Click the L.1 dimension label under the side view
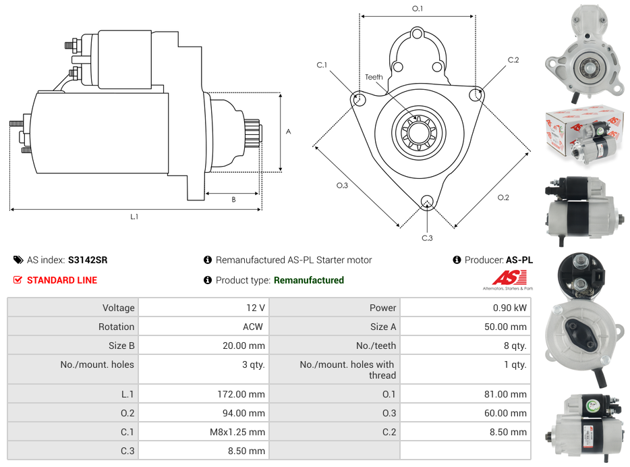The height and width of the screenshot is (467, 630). (x=134, y=217)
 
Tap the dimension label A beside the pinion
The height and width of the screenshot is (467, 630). (x=288, y=132)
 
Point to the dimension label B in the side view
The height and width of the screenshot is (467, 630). (x=233, y=199)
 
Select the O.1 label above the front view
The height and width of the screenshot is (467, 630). (x=418, y=9)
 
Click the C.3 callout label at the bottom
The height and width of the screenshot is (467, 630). (x=427, y=238)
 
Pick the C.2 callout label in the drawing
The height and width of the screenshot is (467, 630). (x=513, y=60)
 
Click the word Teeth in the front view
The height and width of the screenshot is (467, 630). (x=374, y=77)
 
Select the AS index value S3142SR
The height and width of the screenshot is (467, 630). (x=88, y=260)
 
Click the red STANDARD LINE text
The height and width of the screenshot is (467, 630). (x=62, y=280)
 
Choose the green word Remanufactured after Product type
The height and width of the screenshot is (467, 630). (x=308, y=280)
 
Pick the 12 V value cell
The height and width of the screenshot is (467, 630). (x=203, y=308)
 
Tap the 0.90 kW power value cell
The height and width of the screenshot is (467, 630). (x=465, y=308)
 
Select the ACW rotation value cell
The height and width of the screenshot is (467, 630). (x=203, y=327)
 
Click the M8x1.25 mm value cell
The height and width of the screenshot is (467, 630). (x=203, y=432)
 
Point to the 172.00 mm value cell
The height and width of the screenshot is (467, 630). (x=203, y=394)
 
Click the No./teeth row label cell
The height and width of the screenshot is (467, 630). (x=334, y=346)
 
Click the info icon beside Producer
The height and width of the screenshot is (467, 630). (x=457, y=260)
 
